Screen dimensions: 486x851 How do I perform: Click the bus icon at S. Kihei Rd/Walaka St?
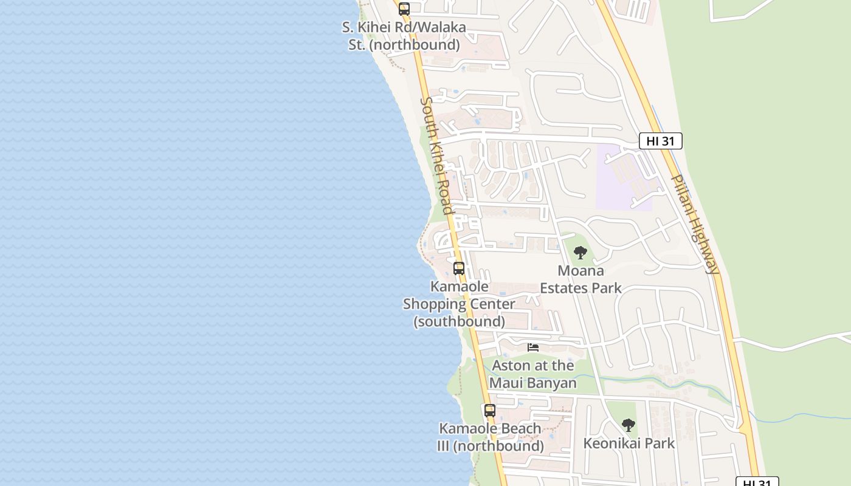[404, 9]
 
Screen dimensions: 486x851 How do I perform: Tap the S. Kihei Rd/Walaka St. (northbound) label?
[404, 36]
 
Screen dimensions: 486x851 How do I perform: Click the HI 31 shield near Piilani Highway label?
[660, 141]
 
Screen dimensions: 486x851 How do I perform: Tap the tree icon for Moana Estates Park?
[581, 253]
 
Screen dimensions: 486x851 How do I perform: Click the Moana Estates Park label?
[581, 279]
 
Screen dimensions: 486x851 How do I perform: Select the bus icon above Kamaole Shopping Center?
[459, 268]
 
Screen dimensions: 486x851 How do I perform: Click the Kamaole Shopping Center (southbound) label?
[459, 303]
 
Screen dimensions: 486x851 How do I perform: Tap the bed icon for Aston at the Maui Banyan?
[533, 347]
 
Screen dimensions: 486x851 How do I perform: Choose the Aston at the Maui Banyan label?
[533, 374]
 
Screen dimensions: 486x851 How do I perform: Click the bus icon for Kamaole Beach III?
[490, 410]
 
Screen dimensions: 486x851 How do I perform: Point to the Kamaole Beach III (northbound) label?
[490, 437]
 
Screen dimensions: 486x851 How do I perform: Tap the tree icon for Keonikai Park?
[629, 425]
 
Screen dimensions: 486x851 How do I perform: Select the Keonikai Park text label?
[629, 443]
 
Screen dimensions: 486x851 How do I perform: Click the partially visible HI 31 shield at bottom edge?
[757, 482]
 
